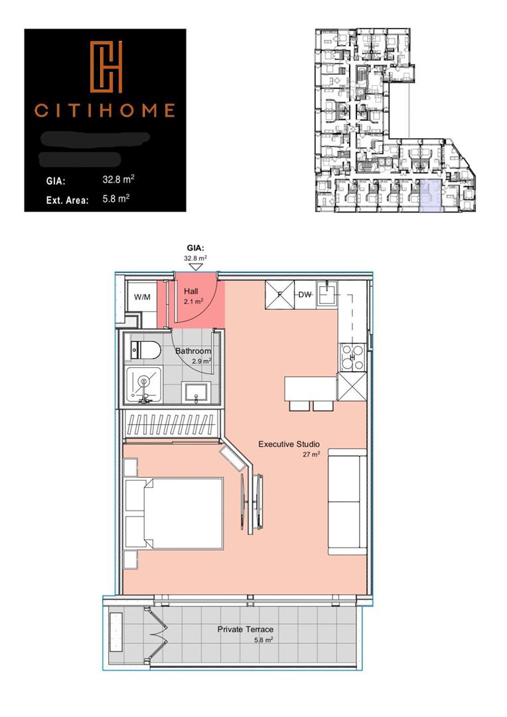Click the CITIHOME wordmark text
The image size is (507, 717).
point(105,110)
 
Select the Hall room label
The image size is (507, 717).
point(191,291)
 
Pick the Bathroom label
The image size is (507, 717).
point(193,351)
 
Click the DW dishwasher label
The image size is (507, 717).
point(305,294)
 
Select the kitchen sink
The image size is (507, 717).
point(327,293)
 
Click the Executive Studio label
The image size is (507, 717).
point(289,444)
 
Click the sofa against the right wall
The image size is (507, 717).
point(347,501)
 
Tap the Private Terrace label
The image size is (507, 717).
point(245,629)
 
